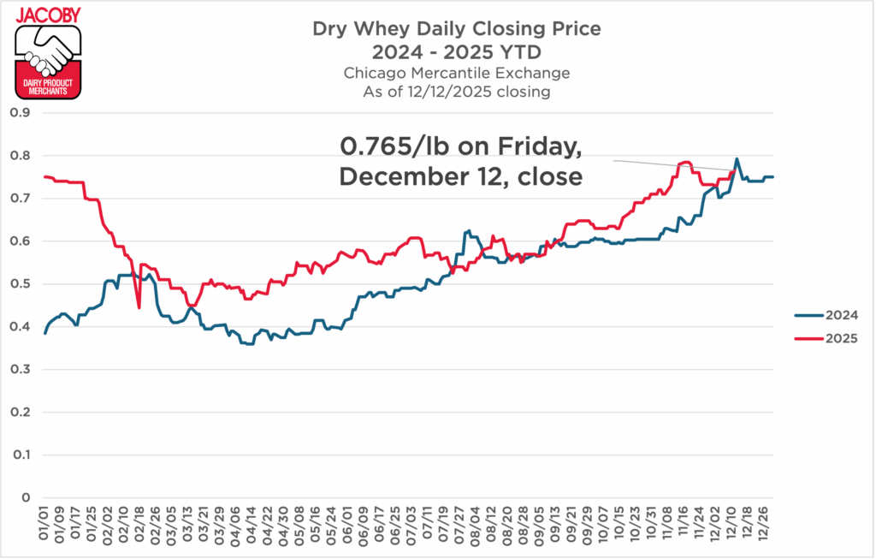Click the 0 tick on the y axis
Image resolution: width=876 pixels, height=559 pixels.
coord(25,498)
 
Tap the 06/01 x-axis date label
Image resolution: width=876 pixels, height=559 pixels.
coord(347,523)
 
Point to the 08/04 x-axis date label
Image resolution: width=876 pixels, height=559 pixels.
coord(475,523)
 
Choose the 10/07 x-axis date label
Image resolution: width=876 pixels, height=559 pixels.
coord(602,523)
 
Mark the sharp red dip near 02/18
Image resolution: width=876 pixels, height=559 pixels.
coord(139,307)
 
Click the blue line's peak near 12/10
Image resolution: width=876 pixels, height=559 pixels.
coord(737,158)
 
